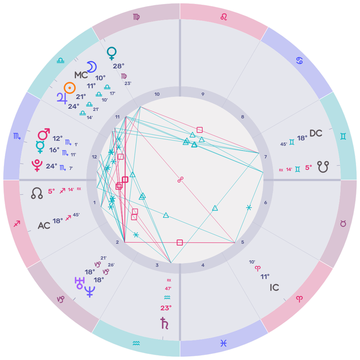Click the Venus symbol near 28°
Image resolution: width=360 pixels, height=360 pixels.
pyautogui.click(x=112, y=54)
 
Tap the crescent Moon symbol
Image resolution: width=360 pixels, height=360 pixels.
pyautogui.click(x=92, y=67)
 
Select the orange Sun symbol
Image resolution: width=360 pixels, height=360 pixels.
pyautogui.click(x=70, y=87)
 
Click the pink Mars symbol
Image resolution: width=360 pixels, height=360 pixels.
pyautogui.click(x=44, y=135)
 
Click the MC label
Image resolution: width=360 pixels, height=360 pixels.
pyautogui.click(x=81, y=75)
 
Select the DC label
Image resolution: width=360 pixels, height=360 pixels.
pyautogui.click(x=316, y=133)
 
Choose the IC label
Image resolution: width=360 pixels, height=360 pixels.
pyautogui.click(x=274, y=288)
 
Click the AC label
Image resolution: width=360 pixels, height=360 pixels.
pyautogui.click(x=44, y=226)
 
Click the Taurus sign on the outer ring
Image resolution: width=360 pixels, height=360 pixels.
pyautogui.click(x=343, y=224)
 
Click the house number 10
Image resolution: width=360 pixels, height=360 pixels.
pyautogui.click(x=157, y=94)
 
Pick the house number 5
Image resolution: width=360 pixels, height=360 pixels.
pyautogui.click(x=243, y=242)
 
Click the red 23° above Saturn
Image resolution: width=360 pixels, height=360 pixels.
pyautogui.click(x=166, y=308)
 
